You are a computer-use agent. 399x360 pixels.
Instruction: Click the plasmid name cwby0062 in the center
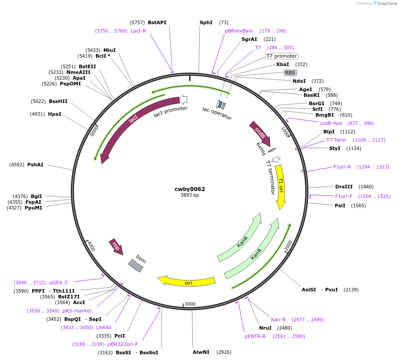(x=190, y=189)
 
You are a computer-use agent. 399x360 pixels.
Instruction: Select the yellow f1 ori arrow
(x=280, y=187)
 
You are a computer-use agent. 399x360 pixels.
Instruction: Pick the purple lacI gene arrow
(x=132, y=120)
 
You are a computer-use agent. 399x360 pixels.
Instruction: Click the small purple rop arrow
(x=117, y=247)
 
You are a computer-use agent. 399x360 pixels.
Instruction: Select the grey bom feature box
(x=135, y=266)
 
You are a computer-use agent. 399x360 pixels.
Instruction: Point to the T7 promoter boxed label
(x=282, y=56)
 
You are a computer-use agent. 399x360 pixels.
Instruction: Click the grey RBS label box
(x=290, y=73)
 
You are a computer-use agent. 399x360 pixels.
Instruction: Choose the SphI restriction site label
(x=206, y=22)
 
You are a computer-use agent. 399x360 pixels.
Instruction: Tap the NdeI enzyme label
(x=299, y=81)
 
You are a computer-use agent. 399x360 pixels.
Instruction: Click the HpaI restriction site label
(x=55, y=114)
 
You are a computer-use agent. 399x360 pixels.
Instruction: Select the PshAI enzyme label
(x=35, y=165)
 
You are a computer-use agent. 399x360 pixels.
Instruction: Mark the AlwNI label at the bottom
(x=201, y=352)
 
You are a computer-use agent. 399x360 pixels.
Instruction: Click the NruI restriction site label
(x=265, y=328)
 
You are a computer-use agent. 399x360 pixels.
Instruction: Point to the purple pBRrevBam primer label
(x=239, y=31)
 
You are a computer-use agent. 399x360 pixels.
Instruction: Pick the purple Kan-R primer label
(x=278, y=320)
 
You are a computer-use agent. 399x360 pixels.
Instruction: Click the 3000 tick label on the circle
(x=190, y=304)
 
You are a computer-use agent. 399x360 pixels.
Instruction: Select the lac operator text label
(x=217, y=113)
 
